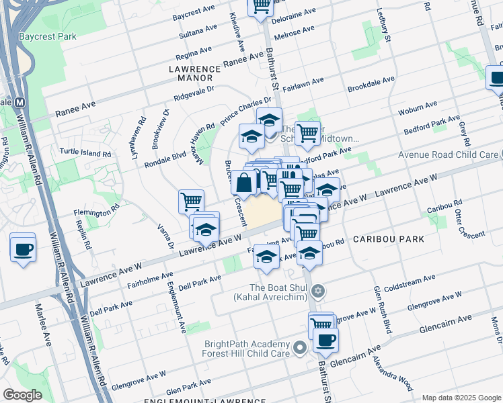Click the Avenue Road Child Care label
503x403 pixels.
[448, 154]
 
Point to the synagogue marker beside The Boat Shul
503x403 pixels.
[319, 291]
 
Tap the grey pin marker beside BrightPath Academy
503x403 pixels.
[300, 348]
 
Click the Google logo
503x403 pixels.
[23, 395]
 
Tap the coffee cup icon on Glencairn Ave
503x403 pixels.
[325, 340]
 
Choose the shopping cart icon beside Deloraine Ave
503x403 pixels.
[260, 5]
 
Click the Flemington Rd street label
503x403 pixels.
[96, 214]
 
